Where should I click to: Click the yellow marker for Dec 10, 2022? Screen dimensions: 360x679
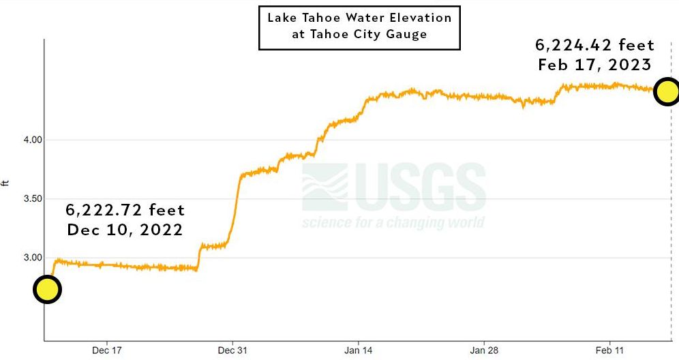[46, 290]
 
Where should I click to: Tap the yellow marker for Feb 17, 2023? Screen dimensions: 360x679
[667, 91]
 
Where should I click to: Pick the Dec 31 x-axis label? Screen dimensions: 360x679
[232, 350]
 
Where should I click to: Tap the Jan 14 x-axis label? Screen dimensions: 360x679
[358, 350]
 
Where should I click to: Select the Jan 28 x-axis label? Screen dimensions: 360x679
[483, 350]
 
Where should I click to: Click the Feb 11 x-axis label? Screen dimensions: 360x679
[609, 350]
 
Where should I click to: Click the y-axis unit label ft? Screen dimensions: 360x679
[7, 183]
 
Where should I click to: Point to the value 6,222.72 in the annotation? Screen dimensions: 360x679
[103, 210]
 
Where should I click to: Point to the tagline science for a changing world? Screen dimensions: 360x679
[393, 223]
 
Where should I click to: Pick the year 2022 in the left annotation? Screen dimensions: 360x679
[161, 230]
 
